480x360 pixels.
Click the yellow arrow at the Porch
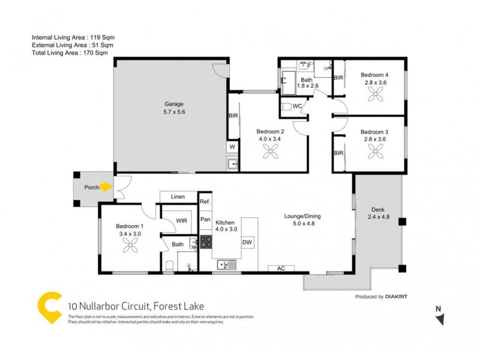(x=106, y=187)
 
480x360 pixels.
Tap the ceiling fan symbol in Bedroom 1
(x=130, y=245)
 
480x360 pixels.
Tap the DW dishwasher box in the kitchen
(x=247, y=242)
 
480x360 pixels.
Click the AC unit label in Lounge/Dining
(x=280, y=268)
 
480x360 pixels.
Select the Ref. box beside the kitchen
(x=205, y=202)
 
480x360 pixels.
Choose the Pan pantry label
(x=205, y=219)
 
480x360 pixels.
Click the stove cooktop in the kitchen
(x=206, y=242)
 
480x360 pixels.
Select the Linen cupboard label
(x=178, y=196)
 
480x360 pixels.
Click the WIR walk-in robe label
(x=181, y=221)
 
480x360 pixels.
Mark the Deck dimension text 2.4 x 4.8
(x=379, y=217)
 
